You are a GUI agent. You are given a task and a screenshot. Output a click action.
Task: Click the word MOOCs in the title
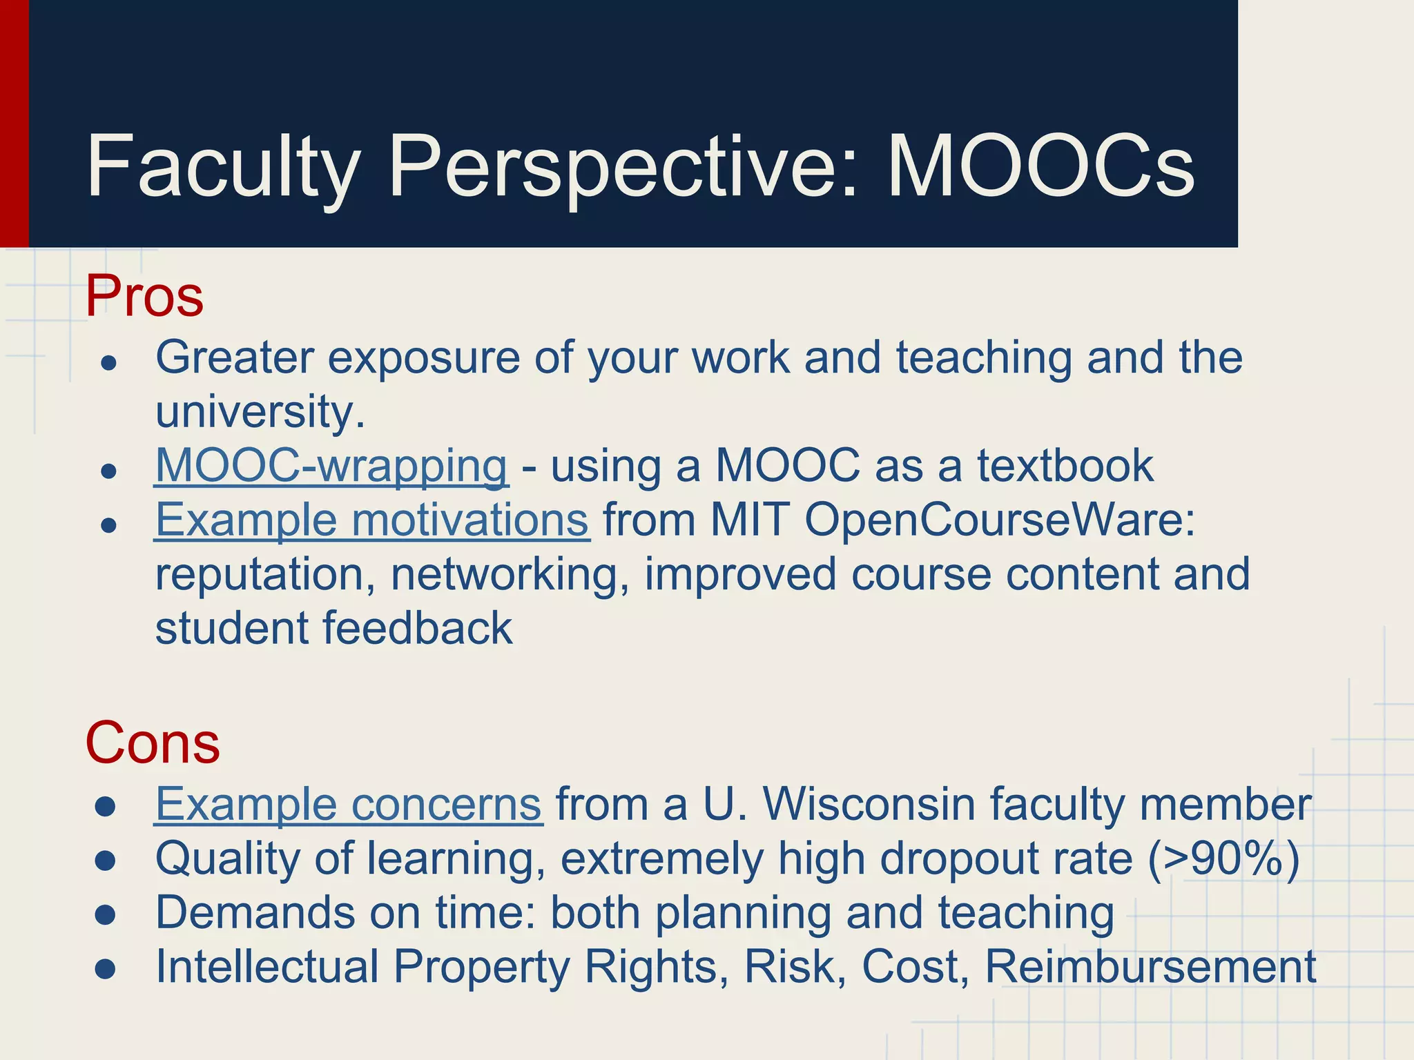1041,167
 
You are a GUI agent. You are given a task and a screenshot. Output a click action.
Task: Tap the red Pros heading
144,296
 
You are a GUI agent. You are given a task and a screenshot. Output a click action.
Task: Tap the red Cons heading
153,743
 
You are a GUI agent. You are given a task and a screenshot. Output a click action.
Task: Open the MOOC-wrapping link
331,466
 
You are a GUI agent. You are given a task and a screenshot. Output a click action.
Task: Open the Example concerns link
349,805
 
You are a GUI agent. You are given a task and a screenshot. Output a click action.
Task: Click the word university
260,412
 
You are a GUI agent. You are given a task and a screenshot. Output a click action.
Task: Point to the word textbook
1065,466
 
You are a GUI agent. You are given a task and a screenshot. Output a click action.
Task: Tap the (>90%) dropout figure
1223,859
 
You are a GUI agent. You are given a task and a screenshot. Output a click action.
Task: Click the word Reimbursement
1150,967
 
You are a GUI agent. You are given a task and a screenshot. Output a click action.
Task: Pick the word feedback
417,629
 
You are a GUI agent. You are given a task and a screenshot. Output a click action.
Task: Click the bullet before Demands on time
106,915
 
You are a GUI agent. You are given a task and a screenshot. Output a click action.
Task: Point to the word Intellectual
267,967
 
